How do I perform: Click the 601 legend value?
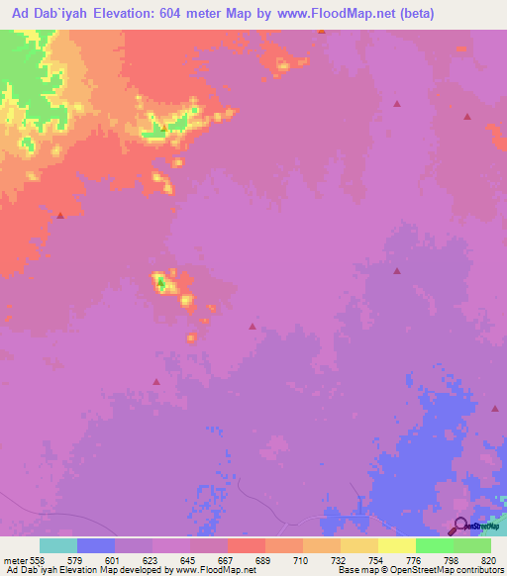(97, 561)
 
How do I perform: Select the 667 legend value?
(209, 561)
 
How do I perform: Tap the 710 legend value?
(283, 561)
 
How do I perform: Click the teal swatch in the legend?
(57, 545)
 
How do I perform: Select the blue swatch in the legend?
(95, 545)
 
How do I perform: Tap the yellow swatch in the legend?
(396, 545)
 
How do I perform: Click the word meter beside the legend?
(14, 561)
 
